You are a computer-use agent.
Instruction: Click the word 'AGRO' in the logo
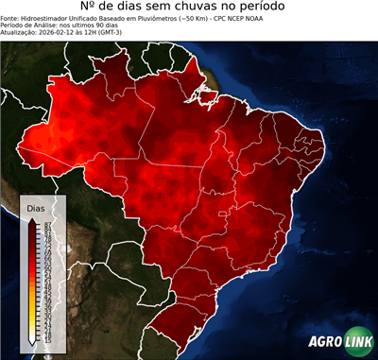[323, 341]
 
